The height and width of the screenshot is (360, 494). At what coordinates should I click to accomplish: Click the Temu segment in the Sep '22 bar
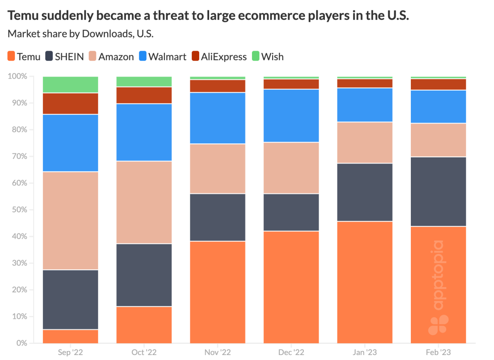pyautogui.click(x=70, y=336)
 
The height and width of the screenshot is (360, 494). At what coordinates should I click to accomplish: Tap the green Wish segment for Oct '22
pyautogui.click(x=144, y=82)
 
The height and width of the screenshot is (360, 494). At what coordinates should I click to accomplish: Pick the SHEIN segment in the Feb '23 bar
pyautogui.click(x=438, y=192)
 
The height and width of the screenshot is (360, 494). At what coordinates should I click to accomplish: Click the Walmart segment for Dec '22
pyautogui.click(x=291, y=115)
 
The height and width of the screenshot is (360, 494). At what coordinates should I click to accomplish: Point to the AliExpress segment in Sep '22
pyautogui.click(x=70, y=103)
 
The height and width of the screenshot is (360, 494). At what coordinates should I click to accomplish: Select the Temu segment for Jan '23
pyautogui.click(x=365, y=282)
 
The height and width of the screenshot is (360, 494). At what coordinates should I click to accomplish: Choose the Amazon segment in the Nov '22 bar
pyautogui.click(x=217, y=168)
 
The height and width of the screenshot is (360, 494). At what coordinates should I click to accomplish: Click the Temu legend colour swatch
pyautogui.click(x=12, y=56)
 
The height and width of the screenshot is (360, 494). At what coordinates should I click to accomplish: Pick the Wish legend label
pyautogui.click(x=273, y=56)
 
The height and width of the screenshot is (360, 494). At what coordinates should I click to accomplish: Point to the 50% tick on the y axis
pyautogui.click(x=18, y=210)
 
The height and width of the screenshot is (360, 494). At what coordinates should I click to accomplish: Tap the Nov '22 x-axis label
pyautogui.click(x=217, y=353)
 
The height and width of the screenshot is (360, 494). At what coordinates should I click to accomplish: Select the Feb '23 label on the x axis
pyautogui.click(x=438, y=353)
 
